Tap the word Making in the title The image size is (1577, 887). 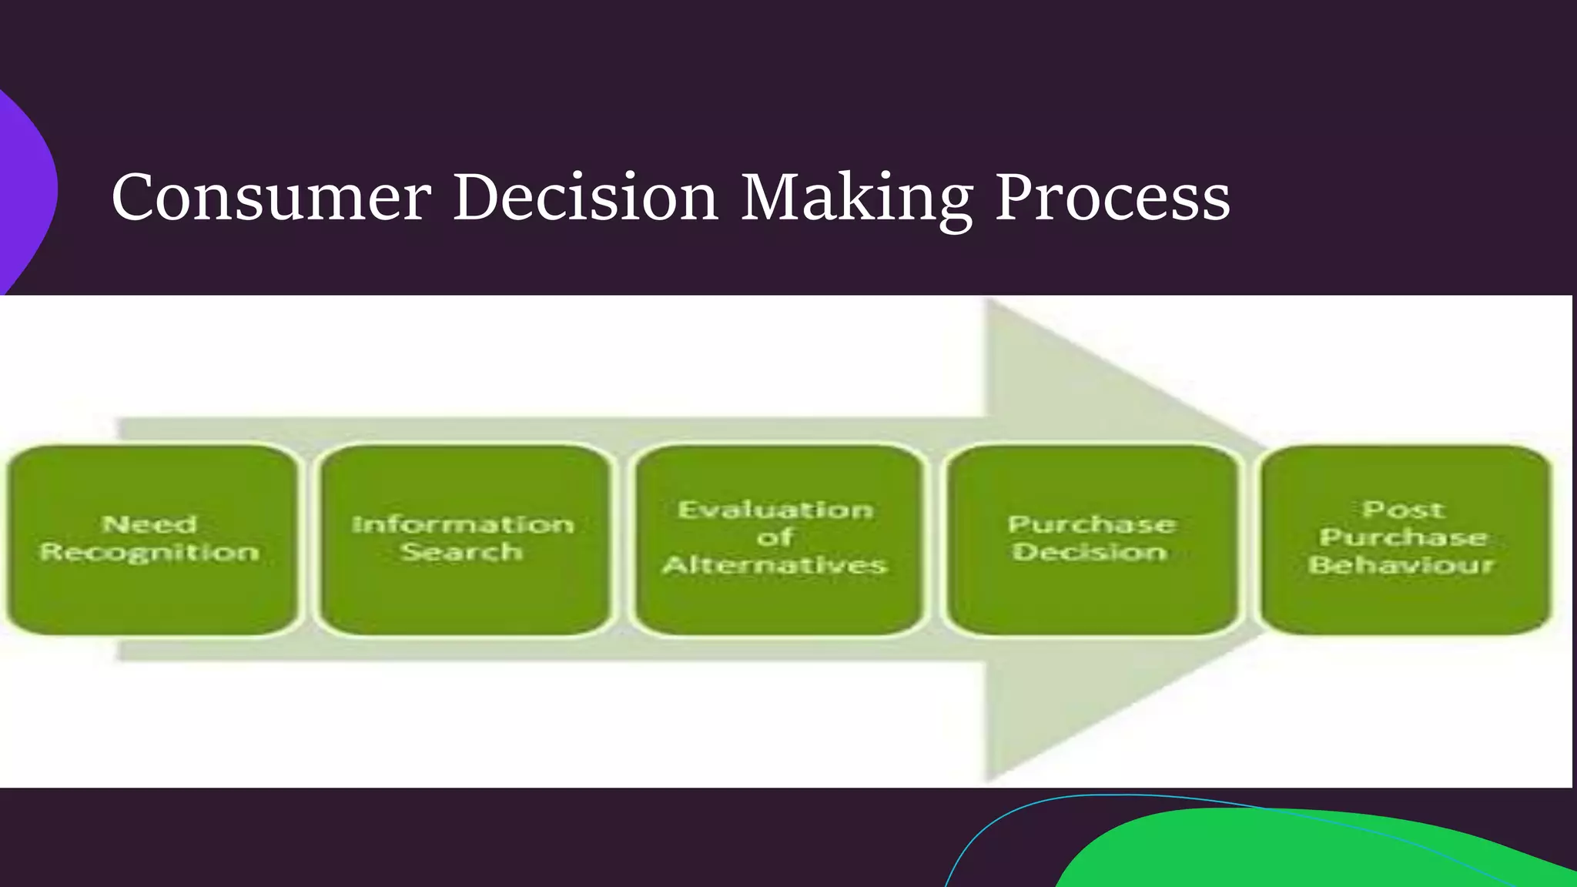[856, 199]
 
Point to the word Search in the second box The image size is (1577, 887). [462, 551]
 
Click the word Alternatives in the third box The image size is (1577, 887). [775, 565]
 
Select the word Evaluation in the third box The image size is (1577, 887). [775, 510]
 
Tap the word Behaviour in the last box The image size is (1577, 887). [1401, 565]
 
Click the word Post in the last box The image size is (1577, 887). [1403, 510]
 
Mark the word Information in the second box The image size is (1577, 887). [463, 525]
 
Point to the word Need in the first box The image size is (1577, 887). [149, 525]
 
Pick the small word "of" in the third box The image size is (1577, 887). [774, 537]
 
